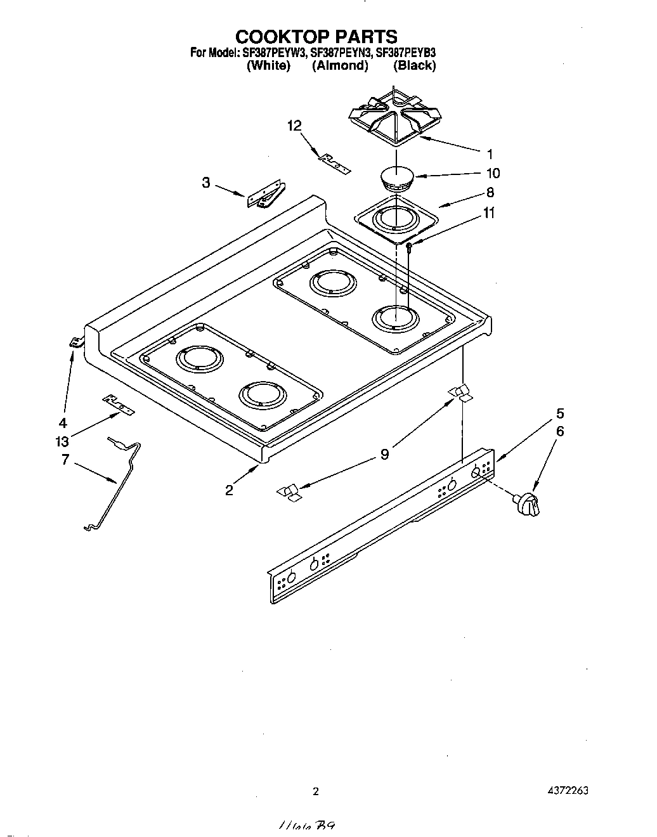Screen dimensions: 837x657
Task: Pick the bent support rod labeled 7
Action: click(120, 482)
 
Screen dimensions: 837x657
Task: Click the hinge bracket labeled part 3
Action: click(266, 196)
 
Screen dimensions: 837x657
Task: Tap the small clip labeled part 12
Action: click(334, 164)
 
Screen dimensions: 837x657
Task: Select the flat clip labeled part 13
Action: click(119, 404)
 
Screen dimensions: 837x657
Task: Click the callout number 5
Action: click(559, 413)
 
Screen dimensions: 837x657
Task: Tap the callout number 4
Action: click(63, 423)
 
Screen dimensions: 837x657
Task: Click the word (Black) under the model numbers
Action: click(414, 65)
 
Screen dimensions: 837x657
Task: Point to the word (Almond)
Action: click(340, 65)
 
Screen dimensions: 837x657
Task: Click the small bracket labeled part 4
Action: click(75, 342)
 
